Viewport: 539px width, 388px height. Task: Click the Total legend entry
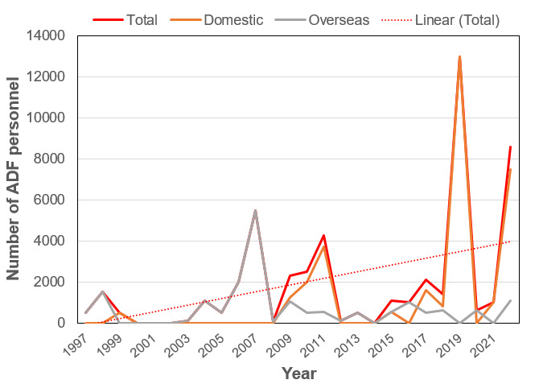coord(141,19)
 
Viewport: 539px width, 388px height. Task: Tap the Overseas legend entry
coord(339,19)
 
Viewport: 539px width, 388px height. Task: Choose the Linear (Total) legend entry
coord(457,19)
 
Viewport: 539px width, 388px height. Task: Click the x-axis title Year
coord(298,374)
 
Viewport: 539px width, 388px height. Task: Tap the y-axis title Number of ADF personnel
coord(14,180)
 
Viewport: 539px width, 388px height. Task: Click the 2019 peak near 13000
coord(459,56)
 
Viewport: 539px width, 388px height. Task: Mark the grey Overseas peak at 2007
coord(255,210)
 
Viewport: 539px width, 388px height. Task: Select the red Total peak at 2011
coord(323,236)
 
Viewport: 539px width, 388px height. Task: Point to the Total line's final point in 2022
coord(511,147)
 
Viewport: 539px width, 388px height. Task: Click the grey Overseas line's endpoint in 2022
coord(511,300)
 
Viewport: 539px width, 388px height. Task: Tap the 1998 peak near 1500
coord(103,291)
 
